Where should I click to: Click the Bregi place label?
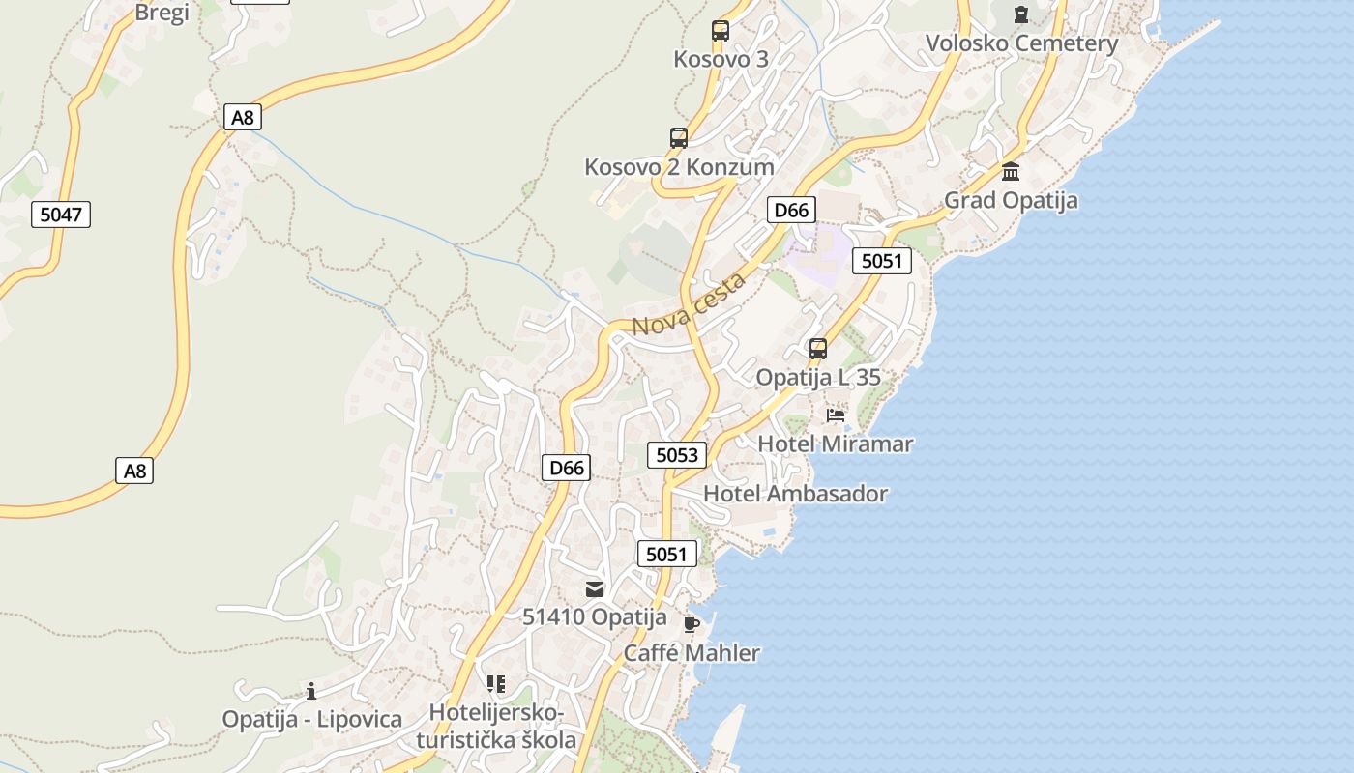(x=162, y=12)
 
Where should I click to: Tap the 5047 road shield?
(x=61, y=214)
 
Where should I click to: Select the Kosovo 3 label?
(x=721, y=59)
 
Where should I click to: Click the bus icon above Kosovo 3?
(x=721, y=31)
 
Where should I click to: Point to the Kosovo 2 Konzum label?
(x=679, y=167)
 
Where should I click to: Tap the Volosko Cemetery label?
(x=1021, y=43)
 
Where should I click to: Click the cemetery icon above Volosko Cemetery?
(x=1021, y=14)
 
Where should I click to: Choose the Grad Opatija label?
(x=1011, y=201)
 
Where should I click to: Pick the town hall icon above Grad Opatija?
(x=1011, y=172)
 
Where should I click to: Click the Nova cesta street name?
(x=689, y=304)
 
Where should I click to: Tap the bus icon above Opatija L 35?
(x=818, y=349)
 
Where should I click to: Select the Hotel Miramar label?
(x=836, y=444)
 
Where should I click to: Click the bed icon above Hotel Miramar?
(x=836, y=415)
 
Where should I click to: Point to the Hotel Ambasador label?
(x=795, y=494)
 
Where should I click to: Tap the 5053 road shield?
(x=676, y=454)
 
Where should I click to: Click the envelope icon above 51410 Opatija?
(x=595, y=588)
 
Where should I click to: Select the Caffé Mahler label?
(x=692, y=653)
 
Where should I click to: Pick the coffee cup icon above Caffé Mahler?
(x=691, y=624)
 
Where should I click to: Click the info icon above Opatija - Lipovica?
(x=311, y=691)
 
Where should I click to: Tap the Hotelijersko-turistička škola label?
(x=496, y=727)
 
